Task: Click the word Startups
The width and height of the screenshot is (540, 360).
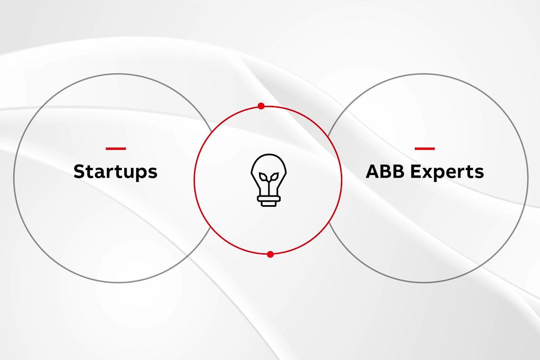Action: [116, 172]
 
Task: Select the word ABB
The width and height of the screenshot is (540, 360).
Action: [385, 171]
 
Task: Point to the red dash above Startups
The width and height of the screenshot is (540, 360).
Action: [116, 149]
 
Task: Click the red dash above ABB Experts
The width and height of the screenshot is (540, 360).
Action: [425, 149]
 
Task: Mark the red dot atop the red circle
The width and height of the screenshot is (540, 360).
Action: [261, 106]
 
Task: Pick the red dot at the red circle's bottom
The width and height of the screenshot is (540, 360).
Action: [270, 254]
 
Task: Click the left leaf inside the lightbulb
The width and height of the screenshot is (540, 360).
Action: [263, 177]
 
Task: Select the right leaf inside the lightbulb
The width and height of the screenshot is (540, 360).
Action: [274, 177]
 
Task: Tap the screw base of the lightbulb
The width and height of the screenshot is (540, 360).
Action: [269, 201]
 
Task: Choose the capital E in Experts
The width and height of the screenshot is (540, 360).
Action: [415, 171]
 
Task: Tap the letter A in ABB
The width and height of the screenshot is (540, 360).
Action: [373, 171]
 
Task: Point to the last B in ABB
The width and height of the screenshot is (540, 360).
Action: [399, 171]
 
